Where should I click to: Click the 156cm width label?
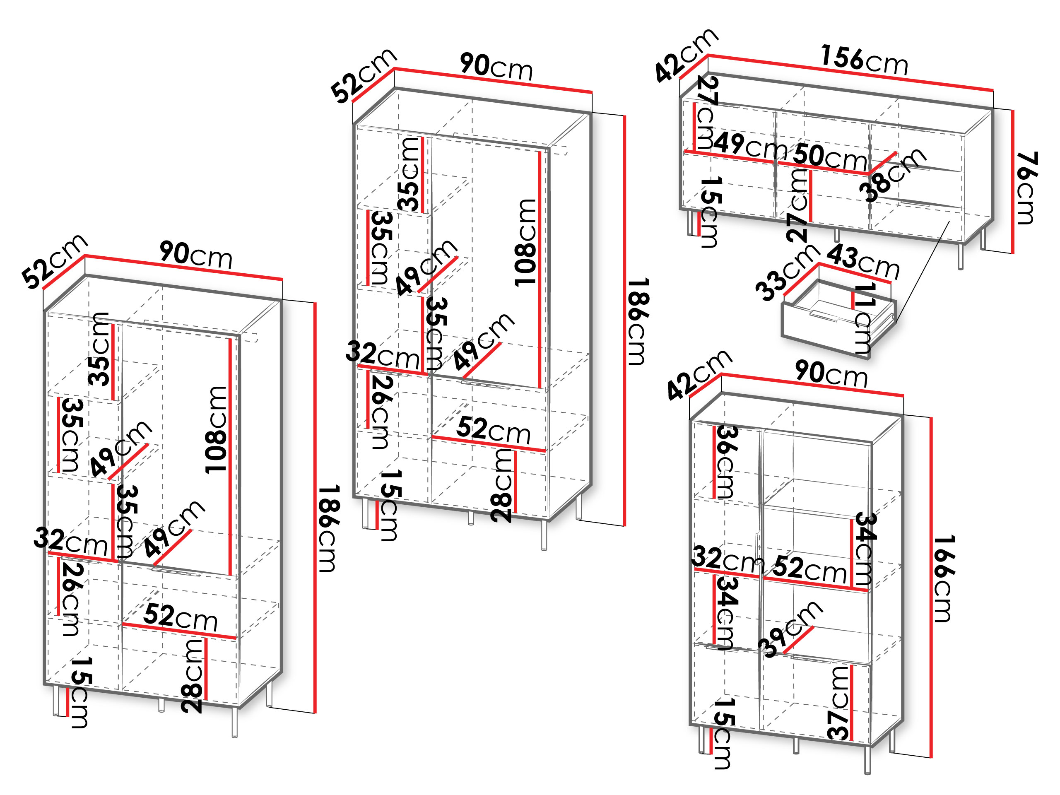pos(864,60)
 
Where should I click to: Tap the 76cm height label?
pos(1026,188)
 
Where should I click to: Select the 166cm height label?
pos(944,578)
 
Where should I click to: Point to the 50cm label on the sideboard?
pos(829,156)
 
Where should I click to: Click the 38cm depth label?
pos(892,175)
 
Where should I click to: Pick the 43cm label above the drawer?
pos(863,261)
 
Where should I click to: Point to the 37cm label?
pos(838,703)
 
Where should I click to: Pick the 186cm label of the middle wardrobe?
pos(638,321)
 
